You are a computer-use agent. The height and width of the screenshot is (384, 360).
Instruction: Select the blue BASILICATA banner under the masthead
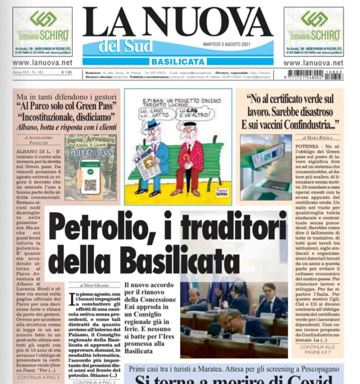(177, 61)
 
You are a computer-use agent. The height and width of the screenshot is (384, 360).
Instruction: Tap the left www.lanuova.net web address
(42, 63)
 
